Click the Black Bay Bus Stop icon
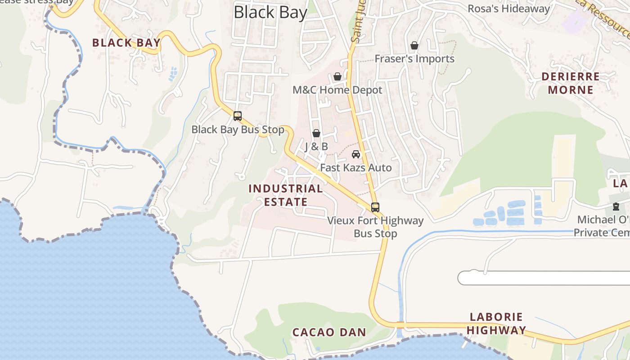pyautogui.click(x=238, y=116)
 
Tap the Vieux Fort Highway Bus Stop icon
pyautogui.click(x=375, y=207)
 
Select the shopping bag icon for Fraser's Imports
pyautogui.click(x=414, y=45)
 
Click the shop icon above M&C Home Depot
pyautogui.click(x=337, y=76)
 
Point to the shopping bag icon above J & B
pyautogui.click(x=316, y=133)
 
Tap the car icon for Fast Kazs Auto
pyautogui.click(x=356, y=154)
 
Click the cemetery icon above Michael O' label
pyautogui.click(x=616, y=207)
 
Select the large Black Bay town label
pyautogui.click(x=270, y=12)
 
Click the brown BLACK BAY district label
pyautogui.click(x=126, y=43)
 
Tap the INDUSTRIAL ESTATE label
pyautogui.click(x=286, y=195)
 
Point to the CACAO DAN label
pyautogui.click(x=329, y=332)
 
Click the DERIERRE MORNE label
pyautogui.click(x=571, y=83)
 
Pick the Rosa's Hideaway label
pyautogui.click(x=508, y=9)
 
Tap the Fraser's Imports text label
pyautogui.click(x=414, y=58)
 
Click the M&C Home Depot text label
pyautogui.click(x=337, y=90)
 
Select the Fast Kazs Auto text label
pyautogui.click(x=356, y=168)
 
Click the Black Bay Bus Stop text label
pyautogui.click(x=238, y=130)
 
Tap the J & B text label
pyautogui.click(x=316, y=147)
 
